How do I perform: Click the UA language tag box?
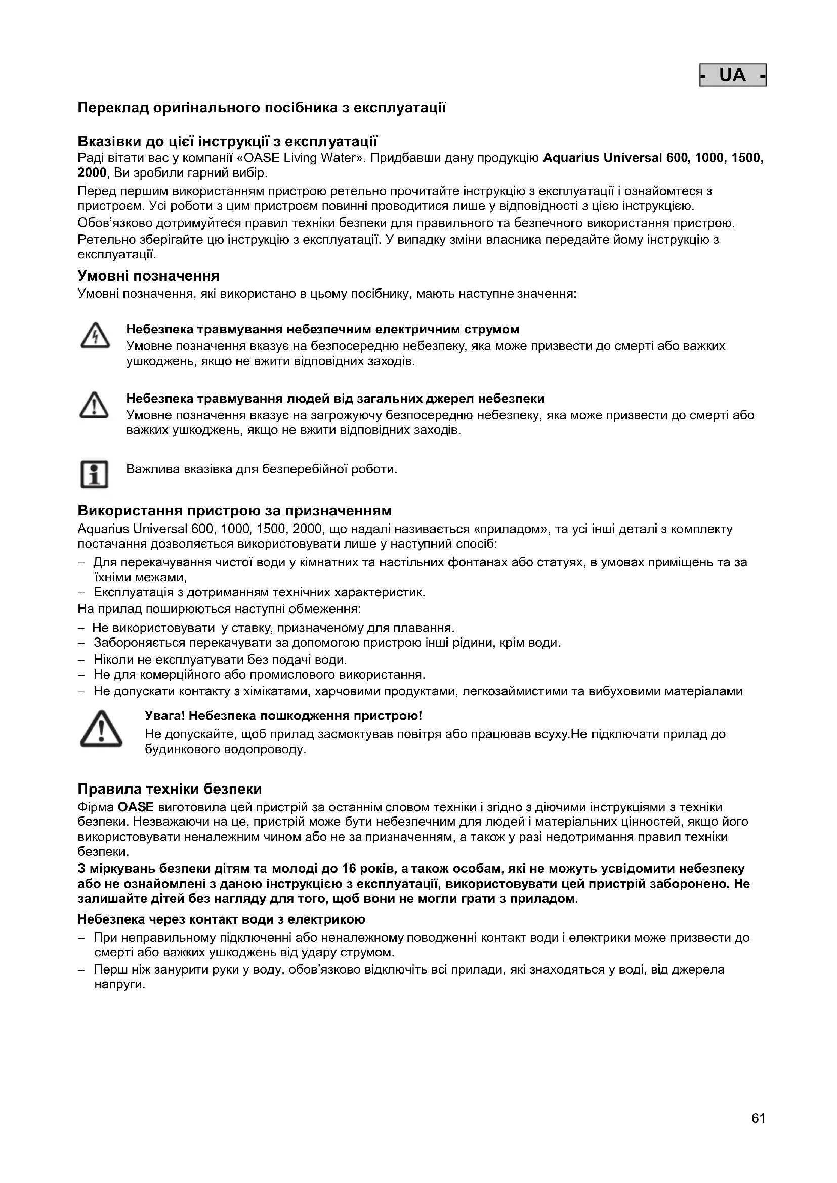(x=732, y=75)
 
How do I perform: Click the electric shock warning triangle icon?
(x=95, y=336)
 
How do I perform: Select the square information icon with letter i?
(x=94, y=473)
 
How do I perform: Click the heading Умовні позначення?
(x=148, y=276)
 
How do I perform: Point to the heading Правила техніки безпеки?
(x=170, y=789)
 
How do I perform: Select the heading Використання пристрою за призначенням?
(x=234, y=511)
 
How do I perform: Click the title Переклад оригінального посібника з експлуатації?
(x=261, y=108)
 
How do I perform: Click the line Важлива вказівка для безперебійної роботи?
(x=262, y=469)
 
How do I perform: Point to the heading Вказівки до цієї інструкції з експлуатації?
(x=227, y=141)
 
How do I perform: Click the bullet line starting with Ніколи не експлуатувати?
(x=220, y=660)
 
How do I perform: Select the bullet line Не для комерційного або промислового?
(x=259, y=675)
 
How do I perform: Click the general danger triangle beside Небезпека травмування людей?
(x=94, y=405)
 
